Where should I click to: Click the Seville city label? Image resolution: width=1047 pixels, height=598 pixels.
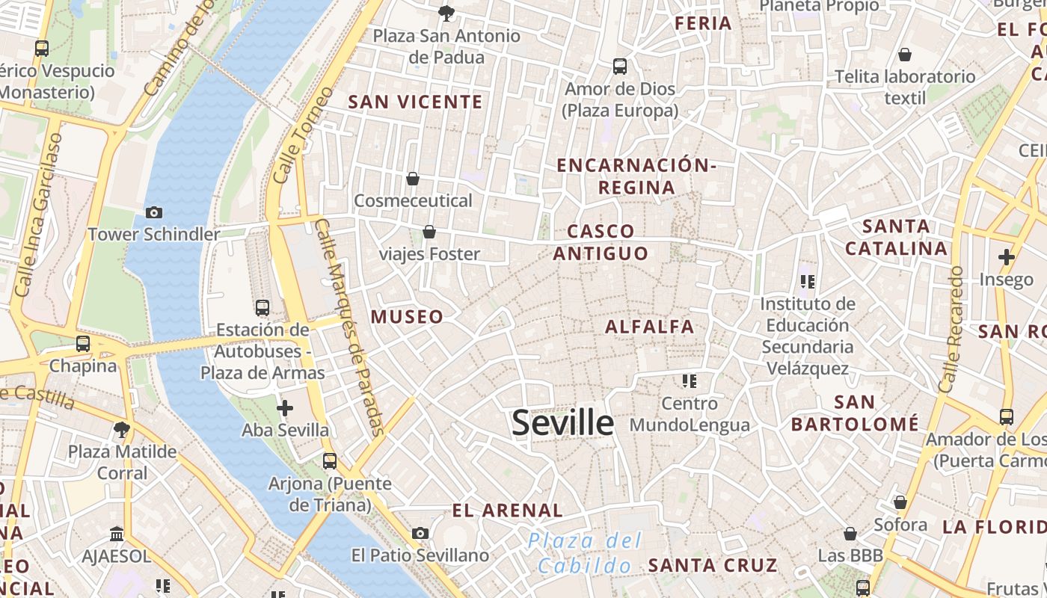pos(562,422)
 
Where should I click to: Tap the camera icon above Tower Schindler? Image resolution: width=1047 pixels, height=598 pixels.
pos(154,212)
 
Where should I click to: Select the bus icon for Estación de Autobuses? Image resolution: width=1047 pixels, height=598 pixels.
pos(262,307)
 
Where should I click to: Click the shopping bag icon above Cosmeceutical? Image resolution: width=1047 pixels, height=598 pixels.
pos(412,179)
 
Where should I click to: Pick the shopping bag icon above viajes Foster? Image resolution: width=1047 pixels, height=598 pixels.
pos(429,232)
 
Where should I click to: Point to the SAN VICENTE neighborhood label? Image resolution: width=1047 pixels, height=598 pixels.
pos(416,102)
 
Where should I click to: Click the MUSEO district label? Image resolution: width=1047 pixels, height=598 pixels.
pos(408,316)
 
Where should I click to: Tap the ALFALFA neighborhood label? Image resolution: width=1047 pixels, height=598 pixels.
pos(649,326)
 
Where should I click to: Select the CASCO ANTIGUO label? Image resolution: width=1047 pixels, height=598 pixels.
pos(601,242)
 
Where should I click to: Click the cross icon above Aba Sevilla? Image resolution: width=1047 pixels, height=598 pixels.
pos(285,408)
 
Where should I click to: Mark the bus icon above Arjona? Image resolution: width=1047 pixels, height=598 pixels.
pos(330,461)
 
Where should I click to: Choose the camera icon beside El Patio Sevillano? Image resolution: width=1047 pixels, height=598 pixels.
pos(420,533)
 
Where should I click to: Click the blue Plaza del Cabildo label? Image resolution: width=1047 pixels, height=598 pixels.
pos(584,552)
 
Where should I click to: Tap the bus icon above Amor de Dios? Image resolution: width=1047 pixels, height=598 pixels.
pos(620,67)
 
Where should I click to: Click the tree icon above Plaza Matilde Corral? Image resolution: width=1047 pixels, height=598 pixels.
pos(122,429)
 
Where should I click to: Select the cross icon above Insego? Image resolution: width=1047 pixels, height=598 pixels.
pos(1007,257)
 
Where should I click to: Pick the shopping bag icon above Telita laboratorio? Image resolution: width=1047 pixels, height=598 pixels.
pos(905,55)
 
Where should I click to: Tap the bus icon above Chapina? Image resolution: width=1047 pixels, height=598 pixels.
pos(83,344)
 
